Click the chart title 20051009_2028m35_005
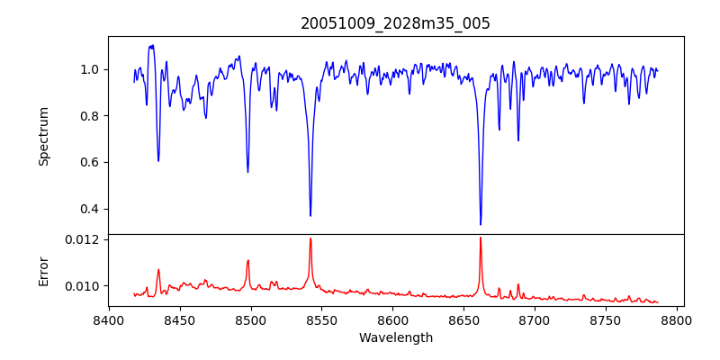(395, 23)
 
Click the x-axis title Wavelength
(395, 337)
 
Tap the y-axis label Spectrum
(43, 136)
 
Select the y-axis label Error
(43, 270)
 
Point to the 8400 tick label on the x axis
(109, 319)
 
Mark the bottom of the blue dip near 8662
(481, 224)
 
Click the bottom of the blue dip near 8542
(310, 215)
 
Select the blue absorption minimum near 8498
(247, 172)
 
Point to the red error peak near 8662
(481, 238)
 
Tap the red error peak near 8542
(310, 238)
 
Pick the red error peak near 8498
(248, 261)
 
